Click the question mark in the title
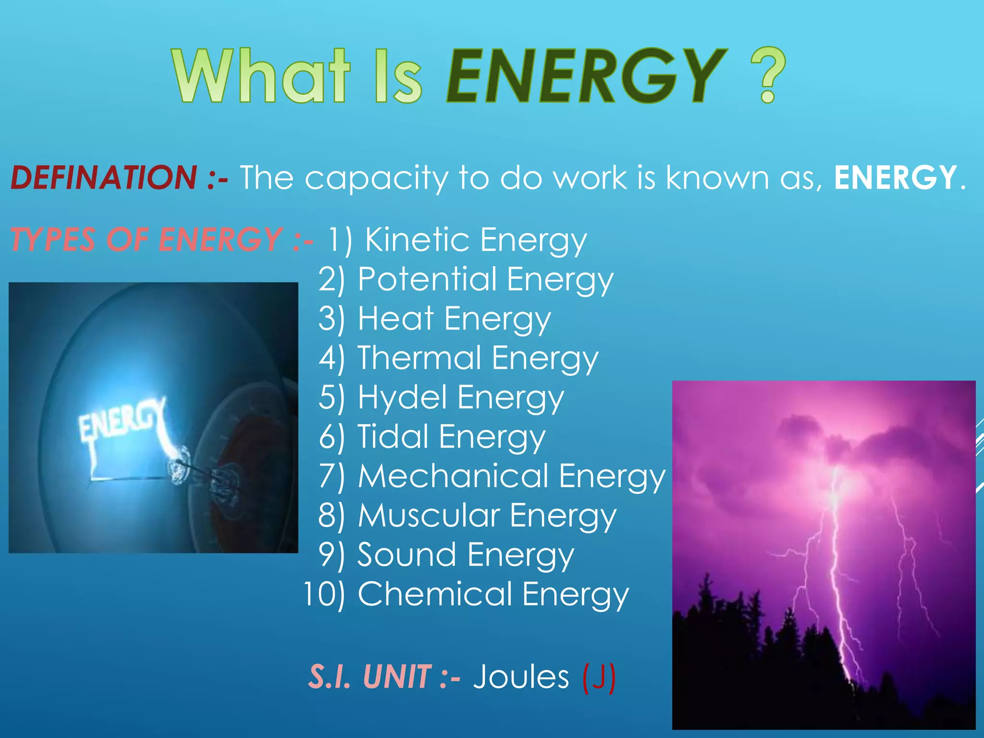point(768,75)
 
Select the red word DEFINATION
point(104,177)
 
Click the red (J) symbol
point(599,677)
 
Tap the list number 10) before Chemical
point(325,594)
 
